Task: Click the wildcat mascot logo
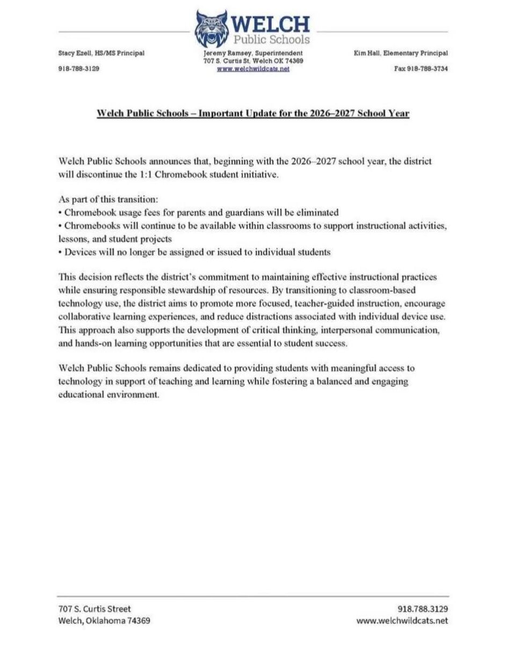click(212, 29)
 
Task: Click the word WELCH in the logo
click(271, 24)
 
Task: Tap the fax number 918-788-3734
click(428, 69)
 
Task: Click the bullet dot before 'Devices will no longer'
click(60, 252)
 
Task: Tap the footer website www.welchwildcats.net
click(402, 621)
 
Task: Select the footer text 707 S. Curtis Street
click(95, 609)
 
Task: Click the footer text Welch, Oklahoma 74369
click(104, 621)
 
